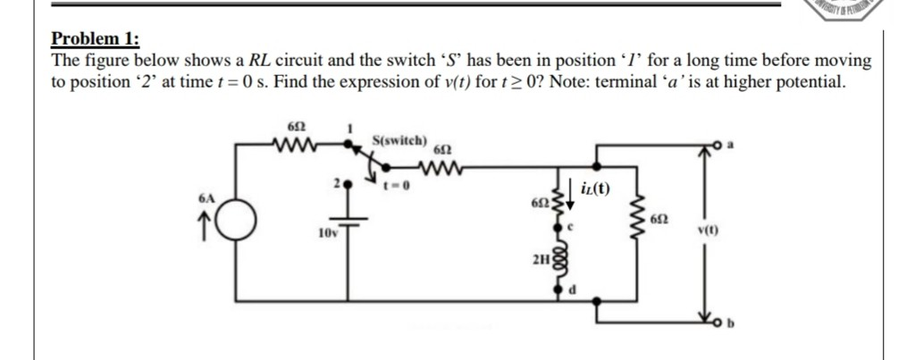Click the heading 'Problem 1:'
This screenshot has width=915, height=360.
pyautogui.click(x=95, y=38)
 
